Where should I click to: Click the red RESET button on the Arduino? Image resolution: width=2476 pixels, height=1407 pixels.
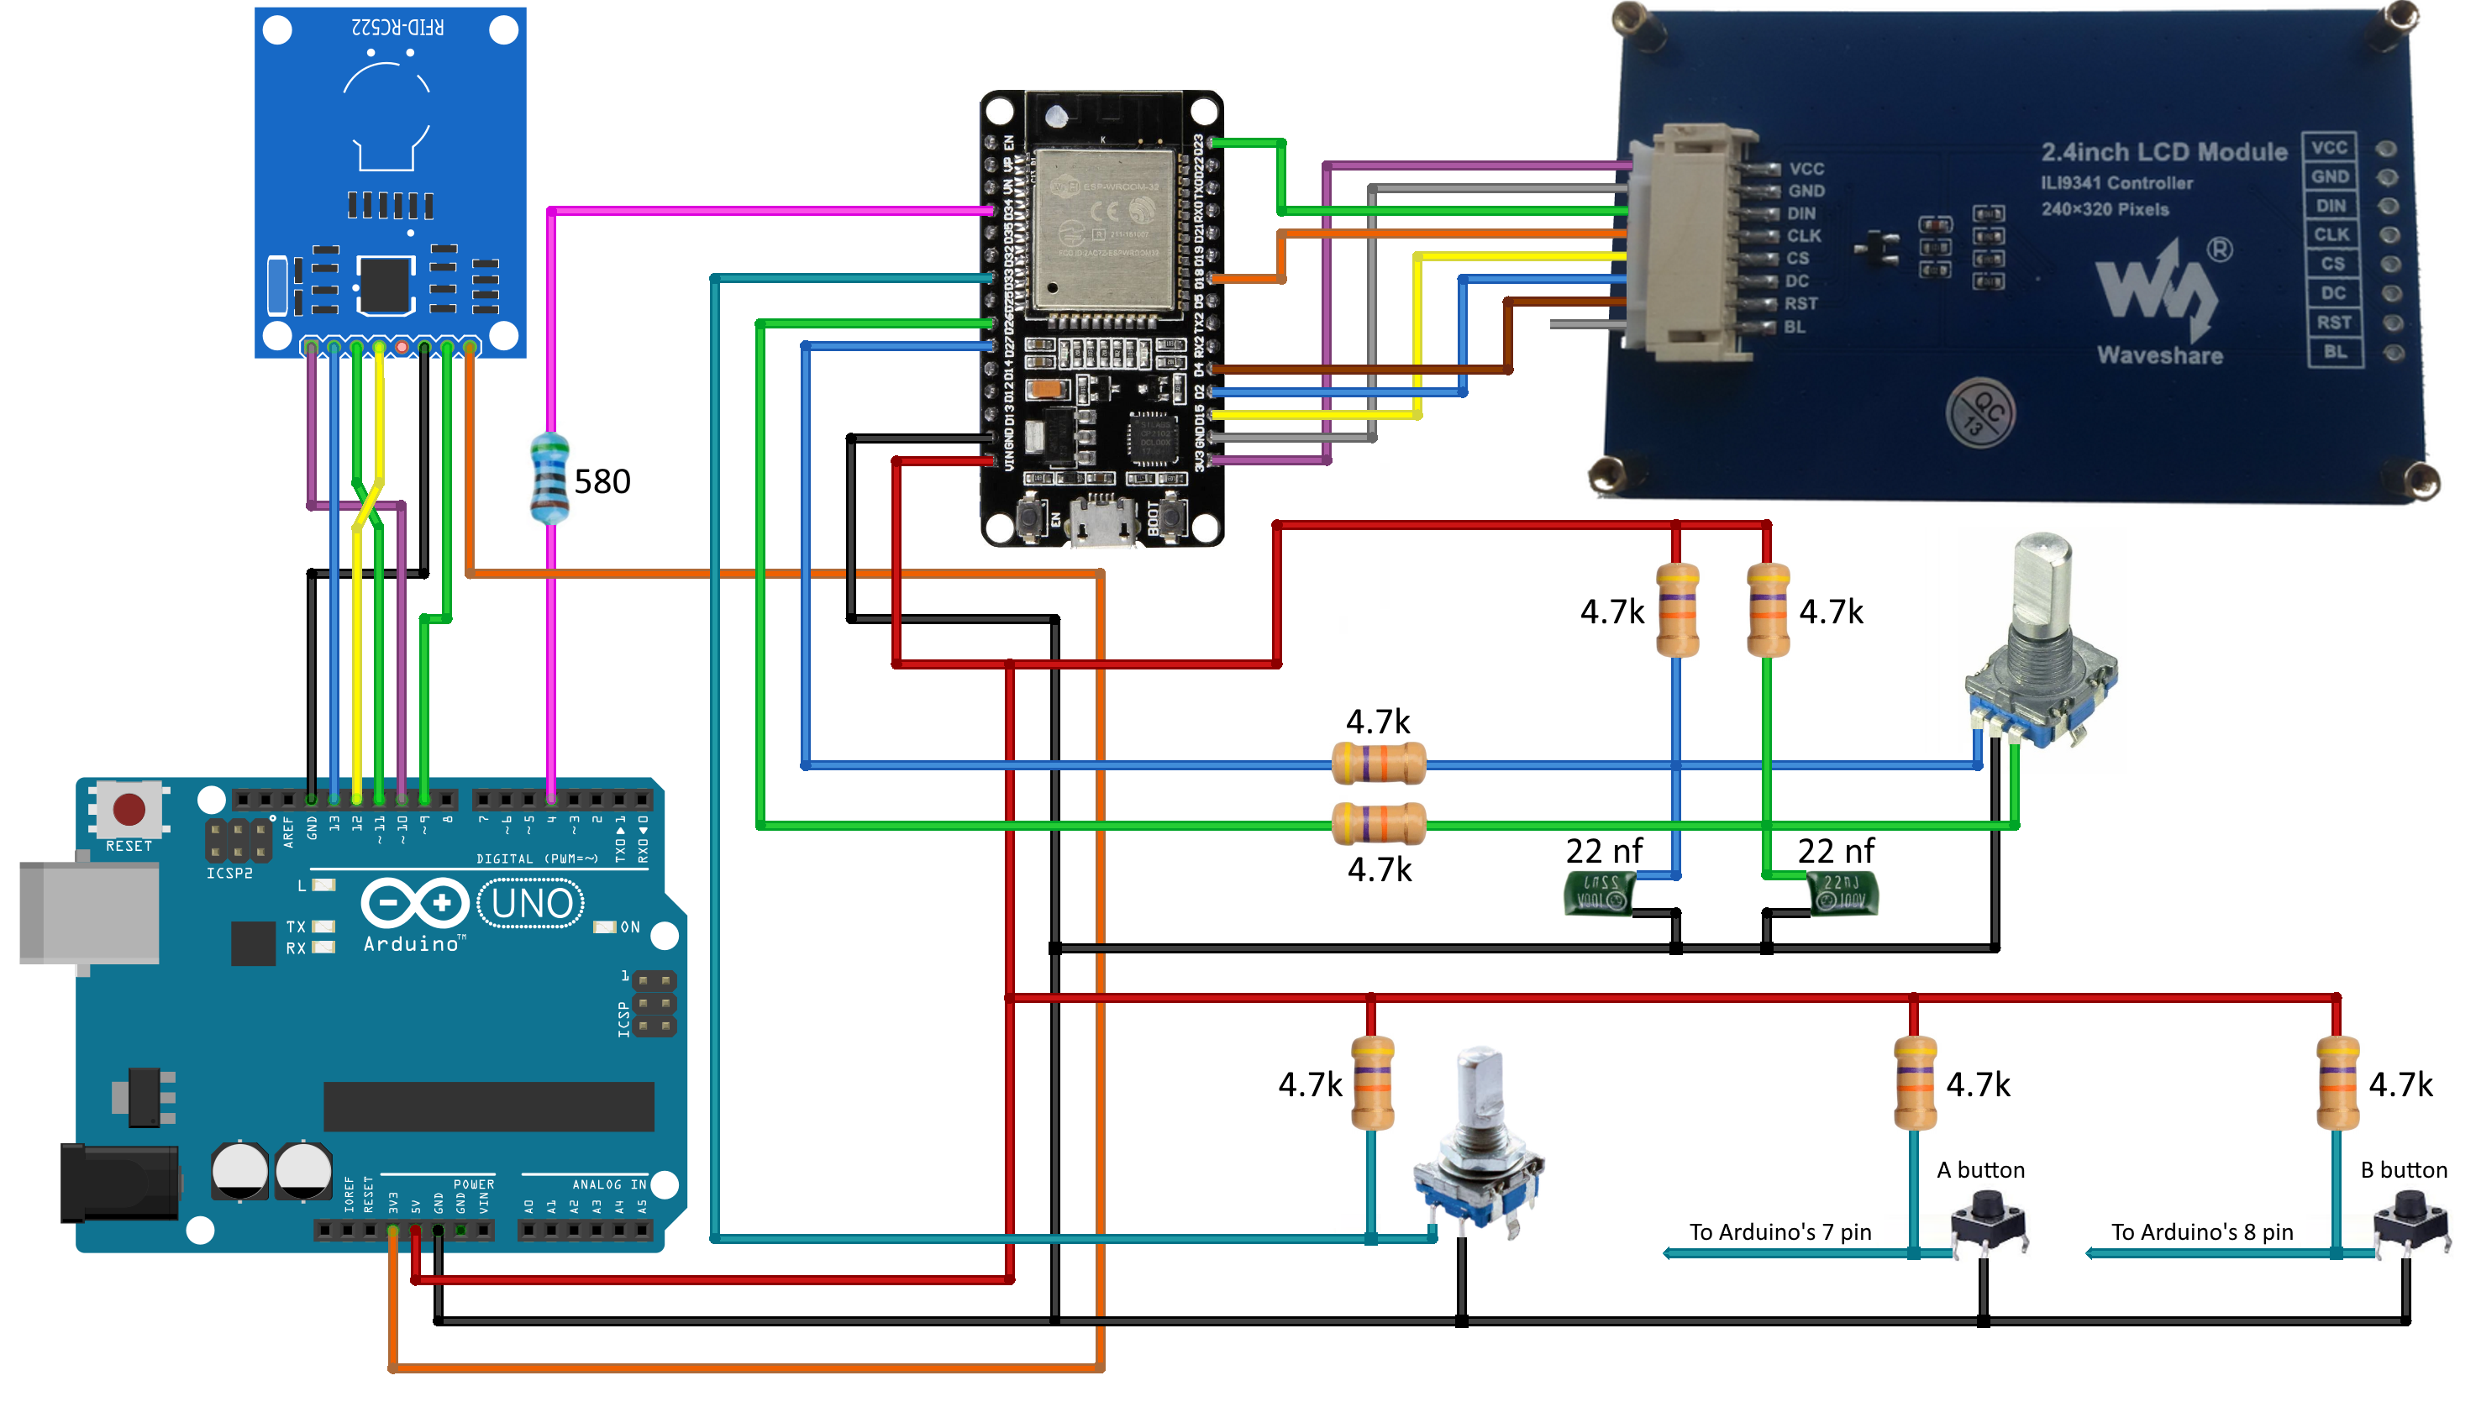[x=129, y=809]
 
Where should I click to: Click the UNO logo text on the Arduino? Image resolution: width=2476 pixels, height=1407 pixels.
[x=531, y=904]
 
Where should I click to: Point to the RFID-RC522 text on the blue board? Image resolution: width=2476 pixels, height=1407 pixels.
[x=397, y=27]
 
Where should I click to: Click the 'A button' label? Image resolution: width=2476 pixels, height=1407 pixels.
[x=1979, y=1169]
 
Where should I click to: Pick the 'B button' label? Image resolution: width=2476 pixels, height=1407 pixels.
[x=2403, y=1169]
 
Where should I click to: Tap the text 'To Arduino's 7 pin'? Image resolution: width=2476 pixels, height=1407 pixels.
[x=1779, y=1231]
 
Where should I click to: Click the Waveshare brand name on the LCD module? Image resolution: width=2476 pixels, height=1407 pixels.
[x=2159, y=355]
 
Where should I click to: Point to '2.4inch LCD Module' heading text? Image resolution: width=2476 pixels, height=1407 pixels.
[x=2163, y=152]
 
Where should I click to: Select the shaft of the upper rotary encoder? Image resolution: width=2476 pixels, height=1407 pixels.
[x=2041, y=580]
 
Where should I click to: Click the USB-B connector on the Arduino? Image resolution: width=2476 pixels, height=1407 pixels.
[x=89, y=912]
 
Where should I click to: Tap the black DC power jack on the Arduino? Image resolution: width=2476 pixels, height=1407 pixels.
[x=118, y=1182]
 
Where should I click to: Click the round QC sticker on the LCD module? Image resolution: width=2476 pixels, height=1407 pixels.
[x=1980, y=413]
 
